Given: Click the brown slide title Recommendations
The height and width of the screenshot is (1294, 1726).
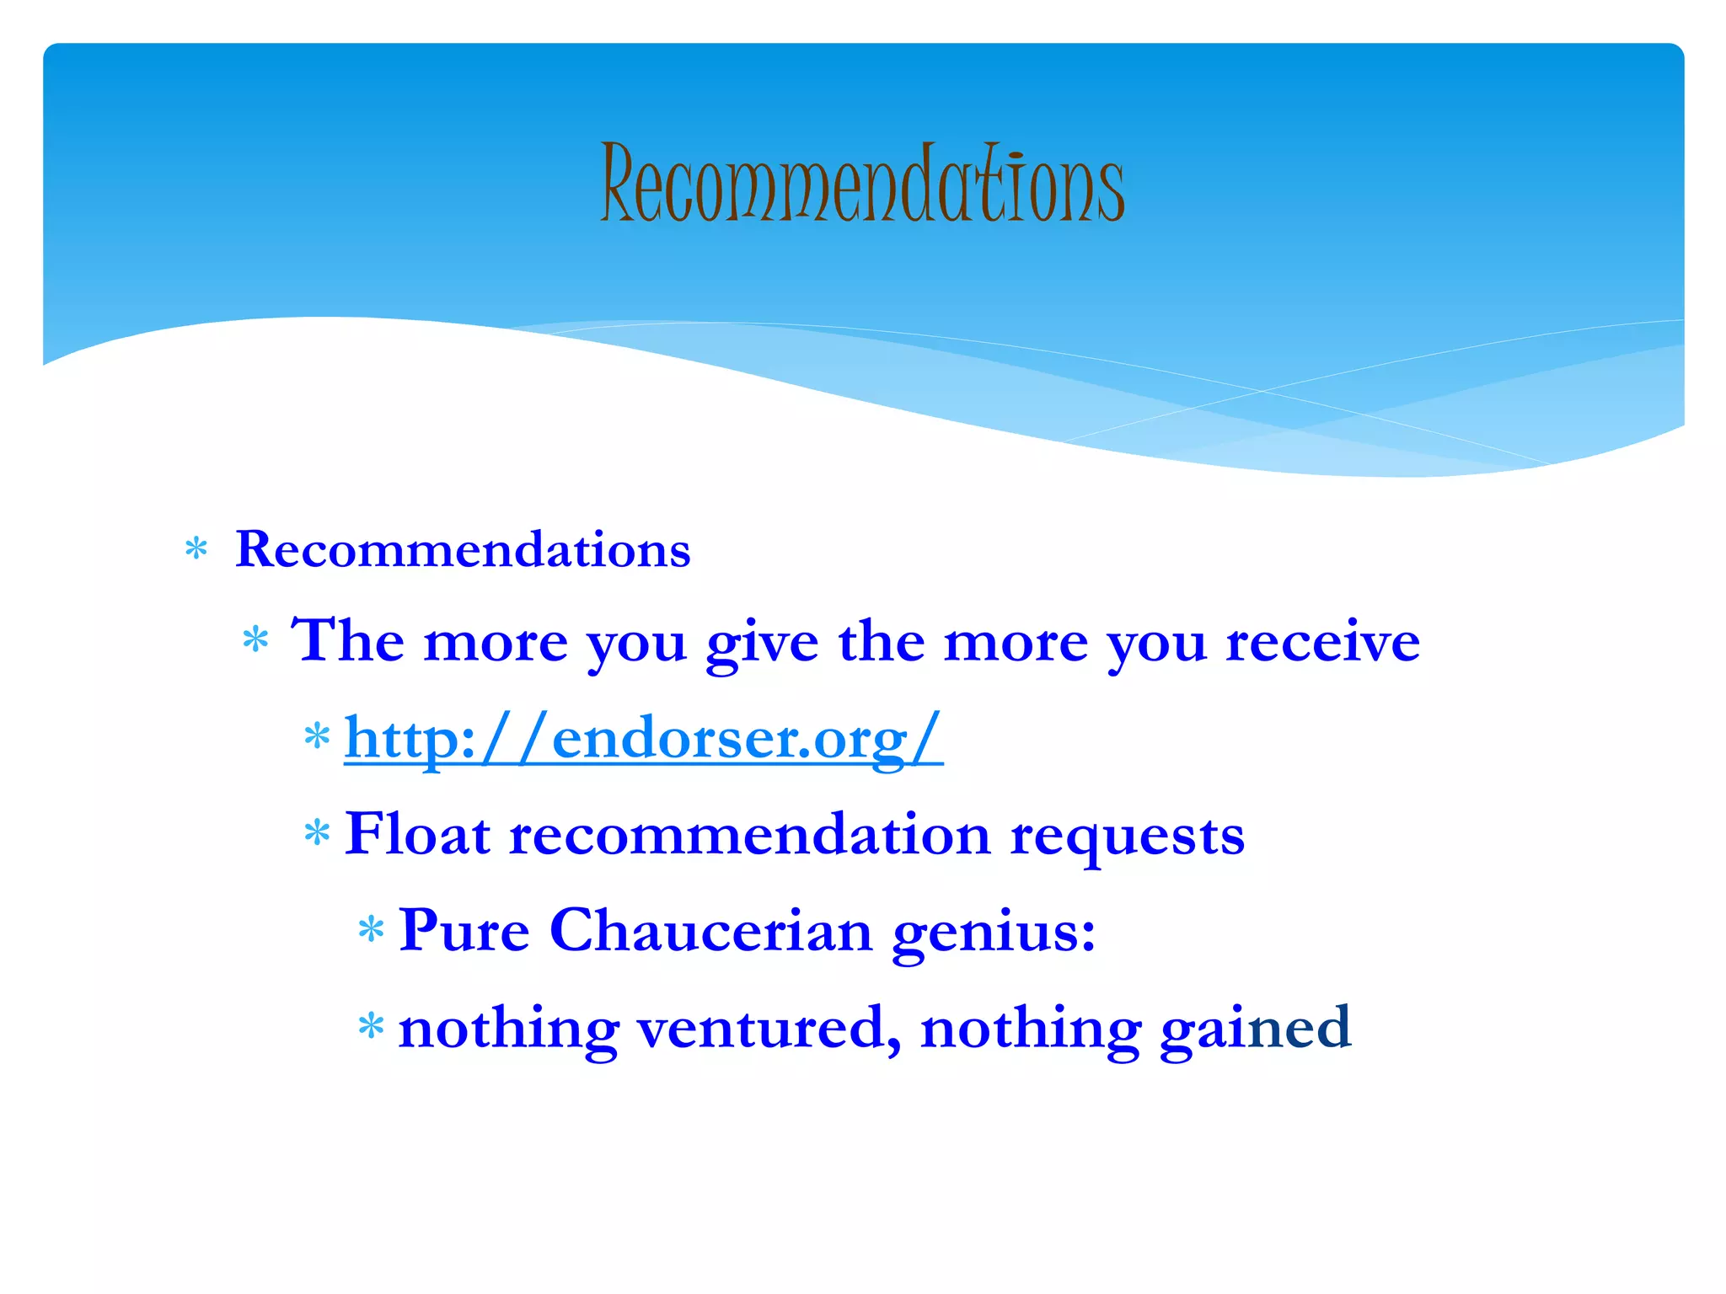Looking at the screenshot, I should tap(861, 183).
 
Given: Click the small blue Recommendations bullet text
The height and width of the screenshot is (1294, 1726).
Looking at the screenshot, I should tap(463, 549).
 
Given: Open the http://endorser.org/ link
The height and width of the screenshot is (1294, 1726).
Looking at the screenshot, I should tap(643, 738).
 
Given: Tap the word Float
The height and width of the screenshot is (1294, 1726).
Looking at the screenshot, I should tap(417, 835).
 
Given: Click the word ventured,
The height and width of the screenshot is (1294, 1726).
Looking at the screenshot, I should tap(768, 1028).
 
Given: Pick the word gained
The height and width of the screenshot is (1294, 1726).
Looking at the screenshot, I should tap(1255, 1028).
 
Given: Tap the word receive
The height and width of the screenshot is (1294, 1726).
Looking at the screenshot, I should tap(1322, 642).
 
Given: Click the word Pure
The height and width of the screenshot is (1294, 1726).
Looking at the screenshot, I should tap(464, 932).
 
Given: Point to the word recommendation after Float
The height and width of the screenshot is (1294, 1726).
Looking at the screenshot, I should tap(749, 835).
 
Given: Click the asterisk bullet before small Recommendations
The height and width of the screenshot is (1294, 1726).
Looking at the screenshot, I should tap(196, 550).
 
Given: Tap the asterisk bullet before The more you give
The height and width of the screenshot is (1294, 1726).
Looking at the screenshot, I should tap(255, 641).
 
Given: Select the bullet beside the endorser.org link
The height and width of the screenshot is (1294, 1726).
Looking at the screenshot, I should tap(316, 737).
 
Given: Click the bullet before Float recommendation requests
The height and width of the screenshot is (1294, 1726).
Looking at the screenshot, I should tap(316, 834).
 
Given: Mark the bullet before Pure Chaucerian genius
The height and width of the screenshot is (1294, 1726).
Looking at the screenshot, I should tap(370, 931).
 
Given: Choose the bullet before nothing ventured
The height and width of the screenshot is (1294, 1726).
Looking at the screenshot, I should tap(370, 1027).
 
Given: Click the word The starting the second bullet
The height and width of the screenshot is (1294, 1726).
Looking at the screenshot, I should tap(346, 641).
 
